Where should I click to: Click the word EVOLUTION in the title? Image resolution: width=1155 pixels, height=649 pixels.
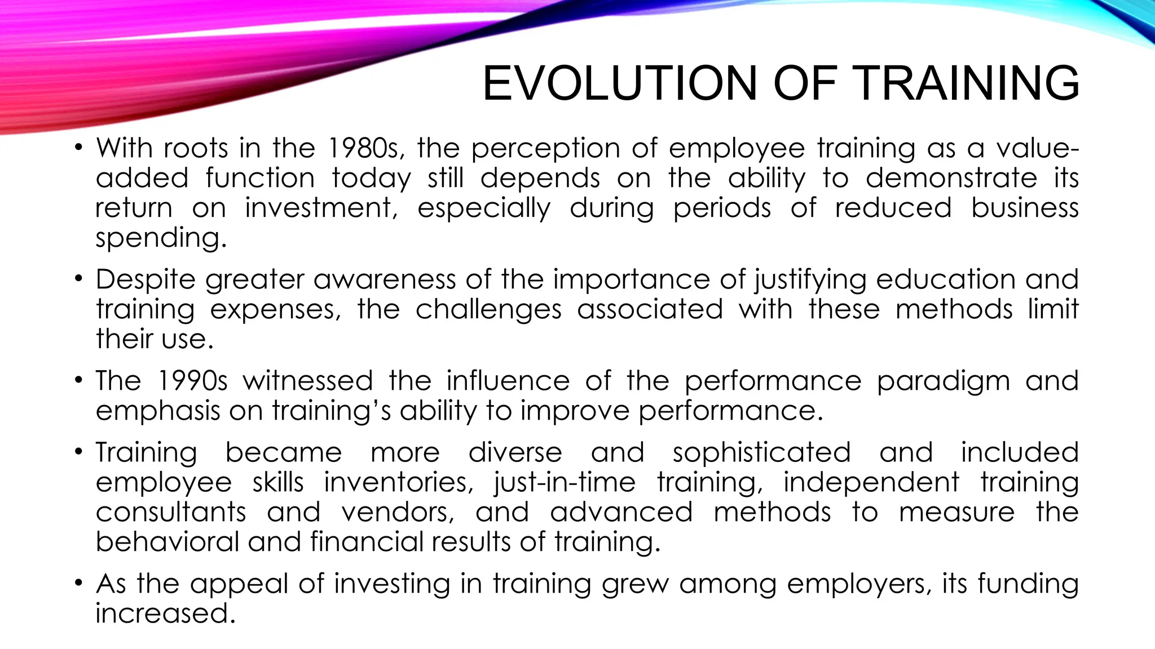click(x=619, y=83)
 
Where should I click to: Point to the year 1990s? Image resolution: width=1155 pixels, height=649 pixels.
click(x=192, y=381)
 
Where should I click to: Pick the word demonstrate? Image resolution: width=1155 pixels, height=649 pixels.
click(x=951, y=178)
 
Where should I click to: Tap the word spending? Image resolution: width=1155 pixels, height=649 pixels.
click(x=161, y=238)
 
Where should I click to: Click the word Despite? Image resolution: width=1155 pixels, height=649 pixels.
click(x=145, y=280)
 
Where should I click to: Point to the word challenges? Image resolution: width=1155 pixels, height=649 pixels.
click(x=488, y=310)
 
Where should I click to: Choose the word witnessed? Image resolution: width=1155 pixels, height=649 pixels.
click(x=308, y=381)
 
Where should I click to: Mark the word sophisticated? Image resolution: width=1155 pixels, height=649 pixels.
click(x=761, y=453)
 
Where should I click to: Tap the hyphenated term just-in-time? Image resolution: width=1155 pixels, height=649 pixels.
click(x=565, y=483)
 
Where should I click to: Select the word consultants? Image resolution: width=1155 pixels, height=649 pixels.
click(x=171, y=512)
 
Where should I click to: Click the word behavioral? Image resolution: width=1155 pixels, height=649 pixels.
click(x=167, y=542)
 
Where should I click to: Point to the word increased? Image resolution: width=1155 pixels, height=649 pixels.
click(x=165, y=613)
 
